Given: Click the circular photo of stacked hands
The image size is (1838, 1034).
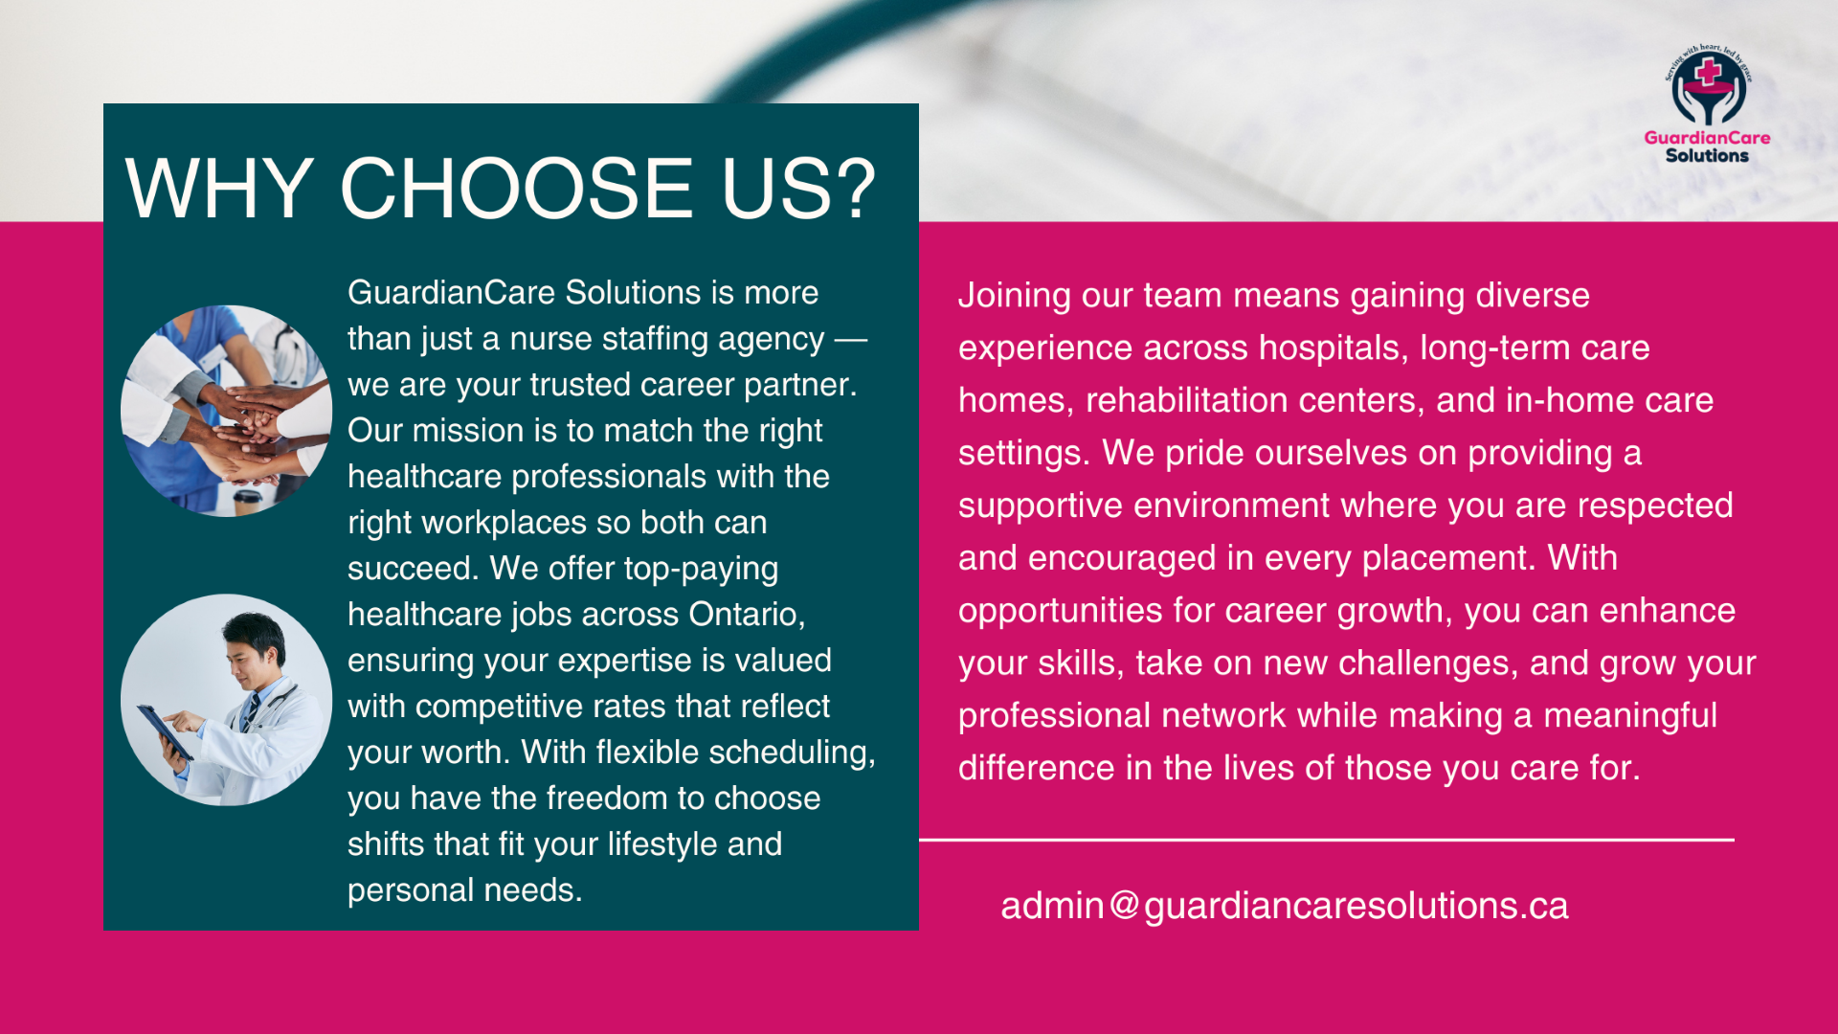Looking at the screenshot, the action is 226,411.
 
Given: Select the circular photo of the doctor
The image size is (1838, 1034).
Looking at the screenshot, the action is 226,699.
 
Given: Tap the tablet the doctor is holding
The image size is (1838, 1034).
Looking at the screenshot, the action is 165,732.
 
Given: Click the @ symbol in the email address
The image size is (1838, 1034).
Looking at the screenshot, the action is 1126,906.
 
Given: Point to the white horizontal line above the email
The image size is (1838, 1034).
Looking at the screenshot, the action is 1327,840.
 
